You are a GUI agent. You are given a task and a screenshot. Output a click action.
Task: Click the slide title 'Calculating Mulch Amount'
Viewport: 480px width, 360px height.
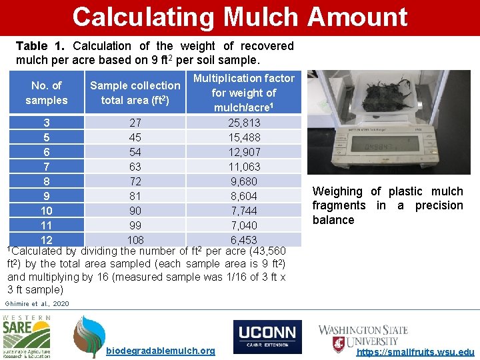(239, 17)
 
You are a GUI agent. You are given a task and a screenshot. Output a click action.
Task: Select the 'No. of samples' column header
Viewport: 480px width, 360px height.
(47, 93)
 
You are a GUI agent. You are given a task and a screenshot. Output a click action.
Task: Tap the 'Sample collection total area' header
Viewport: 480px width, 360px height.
(135, 93)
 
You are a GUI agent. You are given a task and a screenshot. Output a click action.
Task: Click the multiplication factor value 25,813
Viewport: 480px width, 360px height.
(244, 123)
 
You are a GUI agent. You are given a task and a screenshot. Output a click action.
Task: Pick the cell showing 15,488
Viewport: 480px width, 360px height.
(244, 137)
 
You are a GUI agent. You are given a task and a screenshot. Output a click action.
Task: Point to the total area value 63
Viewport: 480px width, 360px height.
(135, 167)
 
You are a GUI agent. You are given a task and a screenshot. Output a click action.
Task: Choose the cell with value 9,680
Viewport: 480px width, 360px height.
(244, 181)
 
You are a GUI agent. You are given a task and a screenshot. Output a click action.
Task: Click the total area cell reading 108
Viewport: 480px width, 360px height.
(135, 240)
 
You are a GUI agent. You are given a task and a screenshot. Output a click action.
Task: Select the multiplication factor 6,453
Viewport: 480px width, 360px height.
(244, 240)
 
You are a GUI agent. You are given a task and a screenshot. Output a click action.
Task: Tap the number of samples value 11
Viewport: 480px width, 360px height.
(47, 225)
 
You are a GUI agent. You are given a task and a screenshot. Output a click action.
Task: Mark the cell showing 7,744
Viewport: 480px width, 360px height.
(244, 211)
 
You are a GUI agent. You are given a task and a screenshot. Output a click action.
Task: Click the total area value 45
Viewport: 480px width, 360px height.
(135, 137)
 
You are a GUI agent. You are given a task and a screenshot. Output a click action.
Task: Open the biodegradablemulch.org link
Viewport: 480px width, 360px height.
(161, 351)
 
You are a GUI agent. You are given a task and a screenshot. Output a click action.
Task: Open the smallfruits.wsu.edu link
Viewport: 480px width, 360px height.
(416, 351)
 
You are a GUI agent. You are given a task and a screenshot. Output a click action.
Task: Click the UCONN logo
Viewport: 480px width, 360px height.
(267, 337)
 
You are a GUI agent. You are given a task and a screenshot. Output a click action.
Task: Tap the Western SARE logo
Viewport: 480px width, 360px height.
(27, 337)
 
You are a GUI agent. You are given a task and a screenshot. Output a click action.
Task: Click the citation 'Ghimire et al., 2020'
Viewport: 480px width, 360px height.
(37, 303)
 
